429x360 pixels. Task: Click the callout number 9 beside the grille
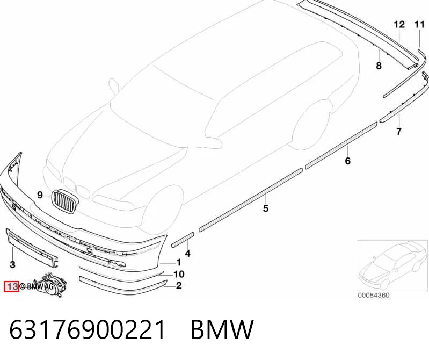[40, 195]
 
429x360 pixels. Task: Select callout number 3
[12, 265]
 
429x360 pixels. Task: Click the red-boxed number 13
[11, 286]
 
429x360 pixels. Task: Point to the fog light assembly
[50, 285]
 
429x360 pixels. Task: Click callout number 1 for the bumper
[179, 263]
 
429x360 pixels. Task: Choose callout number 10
[179, 274]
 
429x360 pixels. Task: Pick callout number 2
[179, 286]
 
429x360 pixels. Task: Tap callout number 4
[188, 254]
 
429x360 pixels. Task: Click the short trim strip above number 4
[183, 240]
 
